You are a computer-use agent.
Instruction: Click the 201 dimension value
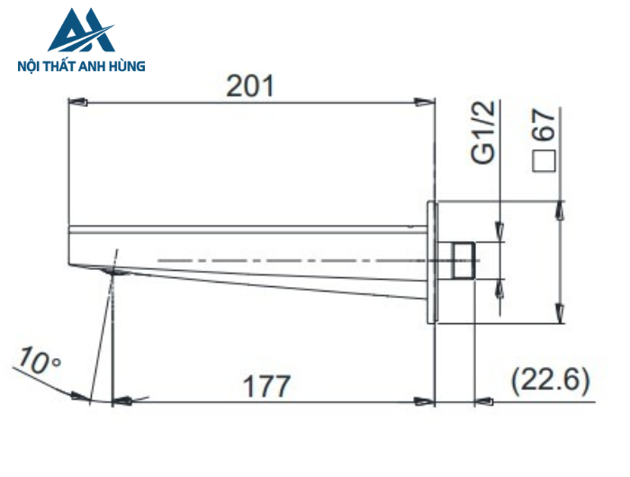coord(249,86)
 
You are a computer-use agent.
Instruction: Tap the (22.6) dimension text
coord(550,382)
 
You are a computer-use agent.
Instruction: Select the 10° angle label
coord(37,364)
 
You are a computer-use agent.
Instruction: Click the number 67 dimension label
coord(544,125)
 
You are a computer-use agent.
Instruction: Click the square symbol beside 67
coord(544,162)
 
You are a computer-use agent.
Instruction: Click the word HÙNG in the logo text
coord(128,66)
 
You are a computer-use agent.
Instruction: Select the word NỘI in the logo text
coord(31,66)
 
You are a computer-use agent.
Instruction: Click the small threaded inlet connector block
coord(462,260)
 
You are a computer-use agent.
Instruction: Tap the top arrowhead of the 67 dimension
coord(561,209)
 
